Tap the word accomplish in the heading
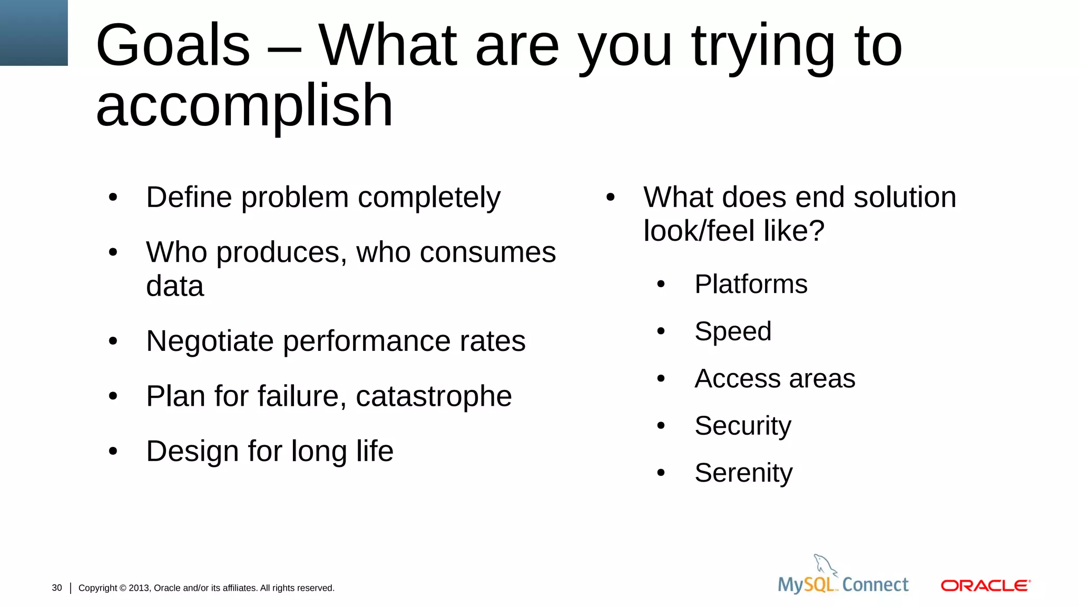pos(244,106)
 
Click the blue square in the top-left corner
pos(34,33)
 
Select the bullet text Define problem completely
pos(323,198)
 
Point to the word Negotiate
pos(210,341)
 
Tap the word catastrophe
pos(434,396)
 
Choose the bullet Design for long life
pos(270,451)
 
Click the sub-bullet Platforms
pos(751,285)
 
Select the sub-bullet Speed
pos(733,331)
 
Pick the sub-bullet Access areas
pos(774,378)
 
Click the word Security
pos(743,426)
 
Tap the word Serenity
pos(743,473)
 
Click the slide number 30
pos(57,588)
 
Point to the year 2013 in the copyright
pos(139,588)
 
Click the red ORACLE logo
pos(985,585)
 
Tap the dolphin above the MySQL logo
pos(825,564)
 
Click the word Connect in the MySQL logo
pos(875,584)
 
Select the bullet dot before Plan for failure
pos(113,396)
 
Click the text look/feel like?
pos(733,231)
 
